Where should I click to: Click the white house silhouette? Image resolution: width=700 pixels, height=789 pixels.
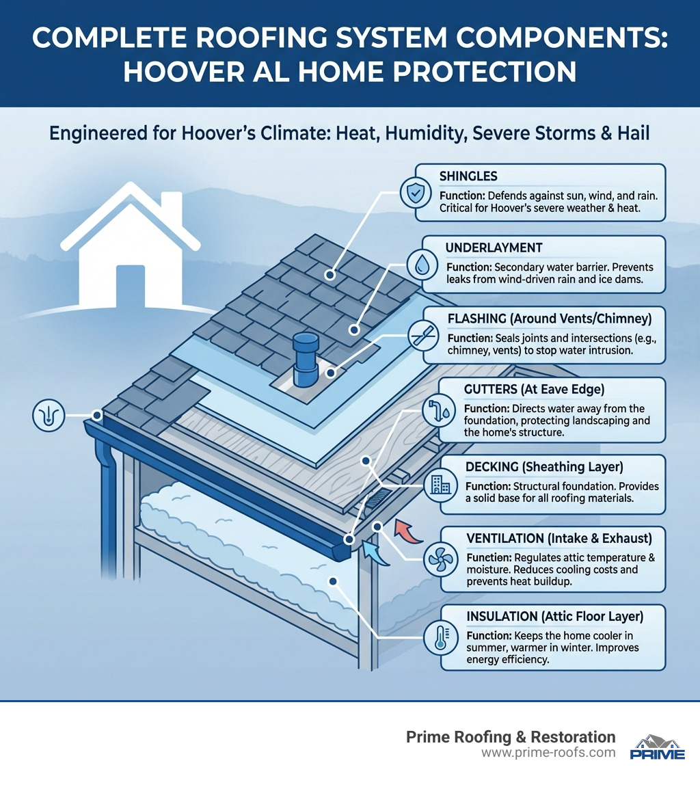(131, 252)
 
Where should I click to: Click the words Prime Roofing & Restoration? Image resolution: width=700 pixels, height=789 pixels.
(511, 736)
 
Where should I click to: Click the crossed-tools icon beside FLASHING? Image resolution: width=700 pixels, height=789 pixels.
(418, 335)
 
